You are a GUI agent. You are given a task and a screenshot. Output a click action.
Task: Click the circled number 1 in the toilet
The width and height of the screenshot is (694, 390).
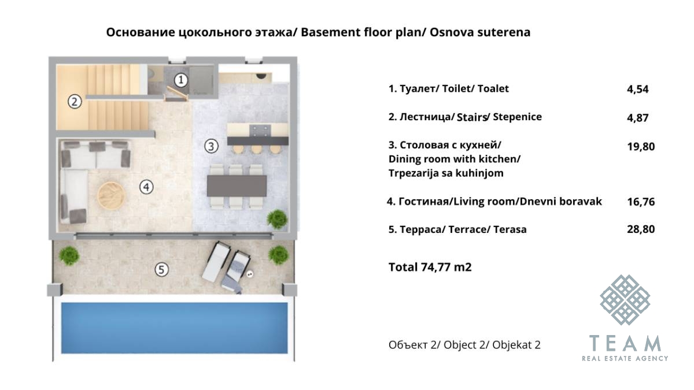181,80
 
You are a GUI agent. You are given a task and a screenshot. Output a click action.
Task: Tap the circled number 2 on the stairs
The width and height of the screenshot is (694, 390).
75,102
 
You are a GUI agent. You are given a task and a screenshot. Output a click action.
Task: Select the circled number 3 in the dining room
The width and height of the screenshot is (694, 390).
211,146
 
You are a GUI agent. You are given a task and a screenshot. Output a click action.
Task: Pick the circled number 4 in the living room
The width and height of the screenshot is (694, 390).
146,187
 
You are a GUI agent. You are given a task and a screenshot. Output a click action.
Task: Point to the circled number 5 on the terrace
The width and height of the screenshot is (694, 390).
161,270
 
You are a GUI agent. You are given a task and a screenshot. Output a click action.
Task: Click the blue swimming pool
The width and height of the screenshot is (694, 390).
175,328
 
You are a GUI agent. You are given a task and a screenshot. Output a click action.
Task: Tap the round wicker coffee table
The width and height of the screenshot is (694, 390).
111,196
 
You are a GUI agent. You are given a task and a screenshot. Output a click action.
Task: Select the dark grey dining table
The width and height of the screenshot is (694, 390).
237,185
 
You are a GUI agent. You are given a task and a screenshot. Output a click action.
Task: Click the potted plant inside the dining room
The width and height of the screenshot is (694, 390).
277,220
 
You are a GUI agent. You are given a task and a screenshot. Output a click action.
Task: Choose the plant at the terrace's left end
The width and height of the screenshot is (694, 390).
69,255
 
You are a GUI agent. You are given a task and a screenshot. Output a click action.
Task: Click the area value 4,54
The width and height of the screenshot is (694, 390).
637,90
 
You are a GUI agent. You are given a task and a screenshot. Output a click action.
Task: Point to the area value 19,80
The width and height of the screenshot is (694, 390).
641,147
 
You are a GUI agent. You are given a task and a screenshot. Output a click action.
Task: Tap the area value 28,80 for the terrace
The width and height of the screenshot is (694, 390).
641,229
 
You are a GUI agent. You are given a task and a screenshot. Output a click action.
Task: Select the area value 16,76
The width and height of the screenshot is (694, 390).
641,202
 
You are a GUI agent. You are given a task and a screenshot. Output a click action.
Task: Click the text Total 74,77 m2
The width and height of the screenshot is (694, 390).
430,267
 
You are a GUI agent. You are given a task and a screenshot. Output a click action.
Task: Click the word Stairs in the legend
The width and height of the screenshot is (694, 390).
471,117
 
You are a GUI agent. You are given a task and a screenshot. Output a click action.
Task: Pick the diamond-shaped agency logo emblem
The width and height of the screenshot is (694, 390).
625,300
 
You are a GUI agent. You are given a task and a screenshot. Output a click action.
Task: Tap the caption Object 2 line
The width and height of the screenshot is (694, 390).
464,345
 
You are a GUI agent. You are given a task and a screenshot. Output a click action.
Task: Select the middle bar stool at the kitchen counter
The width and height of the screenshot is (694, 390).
257,149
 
